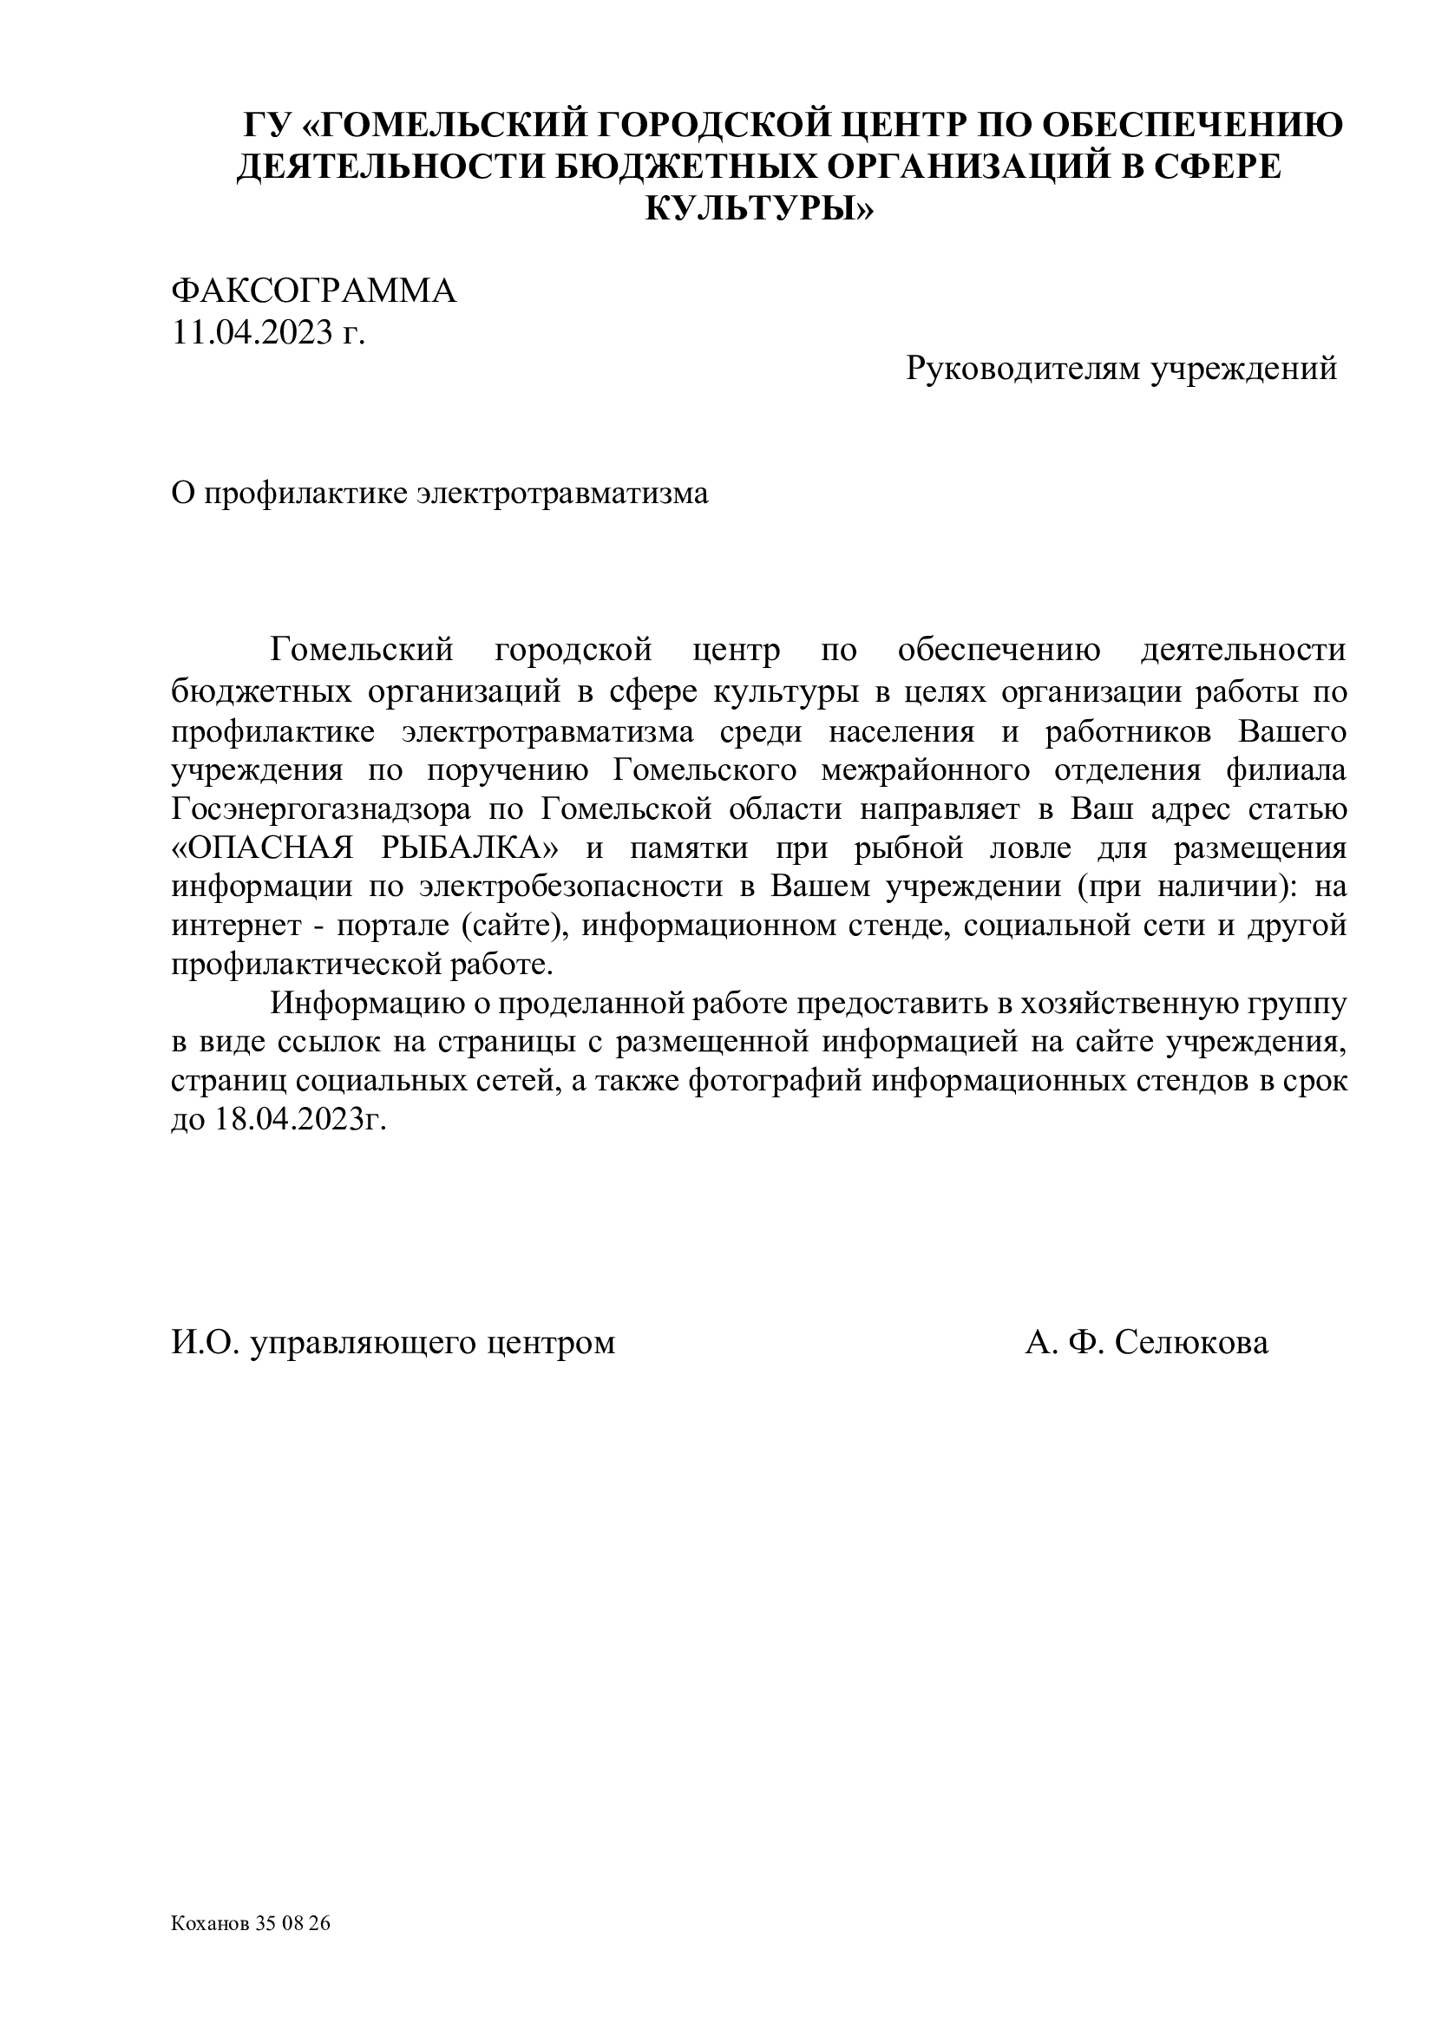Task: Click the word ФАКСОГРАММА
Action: point(314,291)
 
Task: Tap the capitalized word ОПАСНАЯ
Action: point(261,848)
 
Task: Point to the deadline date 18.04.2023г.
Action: point(300,1120)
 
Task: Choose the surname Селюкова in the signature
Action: point(1191,1342)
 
